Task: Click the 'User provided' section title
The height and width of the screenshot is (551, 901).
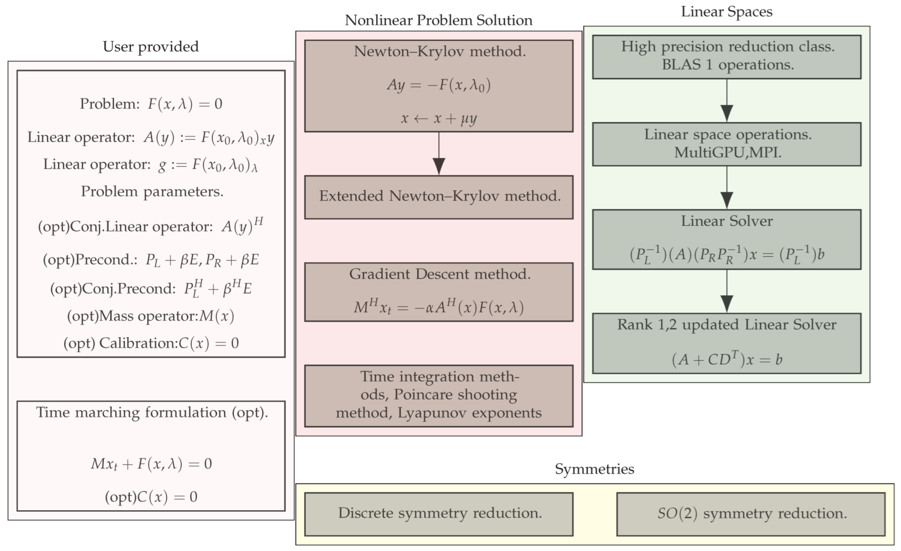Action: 151,47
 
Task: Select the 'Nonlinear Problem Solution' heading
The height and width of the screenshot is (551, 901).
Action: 438,20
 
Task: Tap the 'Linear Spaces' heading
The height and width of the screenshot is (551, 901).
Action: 726,12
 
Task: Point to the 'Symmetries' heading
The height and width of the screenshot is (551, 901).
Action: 594,469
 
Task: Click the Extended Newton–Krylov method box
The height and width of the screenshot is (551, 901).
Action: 439,197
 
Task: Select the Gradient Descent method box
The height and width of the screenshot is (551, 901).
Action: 439,291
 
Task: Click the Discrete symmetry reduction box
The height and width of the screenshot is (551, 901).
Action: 439,513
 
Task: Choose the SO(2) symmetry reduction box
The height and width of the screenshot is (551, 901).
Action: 751,513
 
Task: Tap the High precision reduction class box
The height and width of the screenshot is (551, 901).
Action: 727,56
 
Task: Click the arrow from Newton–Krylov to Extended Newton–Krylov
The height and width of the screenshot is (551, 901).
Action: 439,154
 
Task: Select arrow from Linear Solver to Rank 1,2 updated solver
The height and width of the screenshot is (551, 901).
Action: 727,292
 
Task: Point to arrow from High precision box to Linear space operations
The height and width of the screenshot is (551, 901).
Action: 727,101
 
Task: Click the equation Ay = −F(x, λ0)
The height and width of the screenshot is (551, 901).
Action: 439,85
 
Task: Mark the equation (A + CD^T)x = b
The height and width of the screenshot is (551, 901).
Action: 727,359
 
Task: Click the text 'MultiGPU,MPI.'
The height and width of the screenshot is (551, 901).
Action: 727,153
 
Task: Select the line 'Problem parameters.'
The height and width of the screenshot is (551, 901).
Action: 152,191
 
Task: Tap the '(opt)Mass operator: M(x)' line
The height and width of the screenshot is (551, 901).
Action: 151,316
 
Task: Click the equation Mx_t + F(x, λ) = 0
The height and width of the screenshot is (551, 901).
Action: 151,464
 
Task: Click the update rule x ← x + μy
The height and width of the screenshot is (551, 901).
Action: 439,118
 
